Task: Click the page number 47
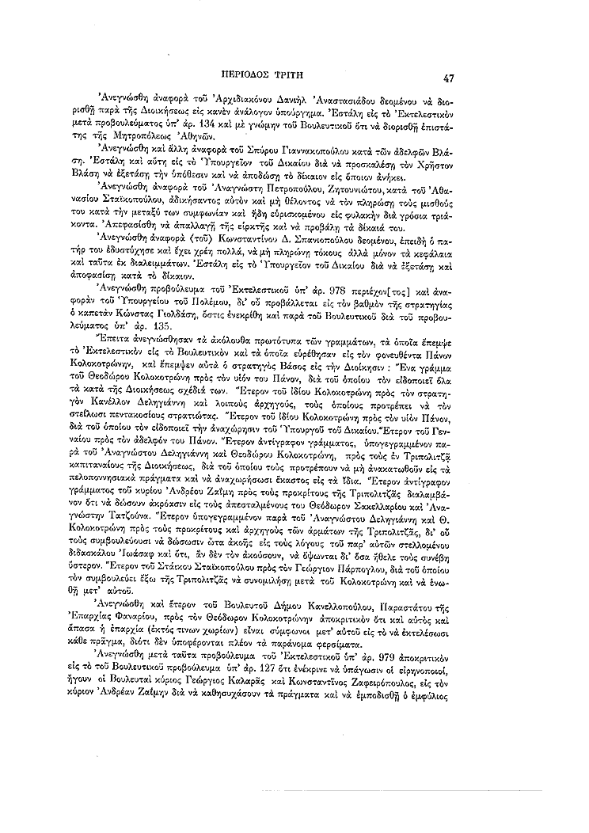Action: click(448, 78)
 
